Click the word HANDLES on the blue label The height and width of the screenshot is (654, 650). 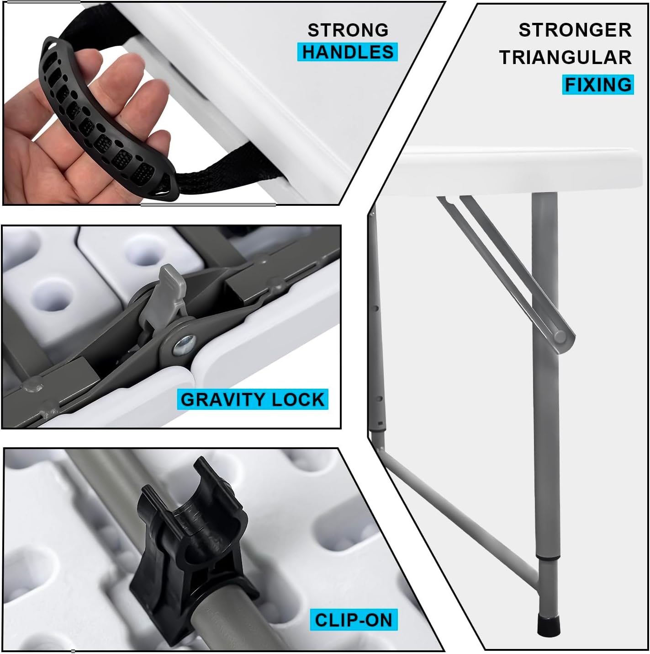(x=348, y=52)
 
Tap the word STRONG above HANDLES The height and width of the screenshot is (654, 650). (x=348, y=30)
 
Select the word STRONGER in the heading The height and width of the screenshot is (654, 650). (x=575, y=30)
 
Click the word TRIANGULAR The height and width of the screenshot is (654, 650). (x=565, y=57)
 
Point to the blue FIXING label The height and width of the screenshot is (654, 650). (x=598, y=85)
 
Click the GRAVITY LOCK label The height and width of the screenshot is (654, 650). (x=253, y=399)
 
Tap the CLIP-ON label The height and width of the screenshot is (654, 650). (x=353, y=620)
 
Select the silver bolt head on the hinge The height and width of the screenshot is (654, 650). (x=185, y=345)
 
